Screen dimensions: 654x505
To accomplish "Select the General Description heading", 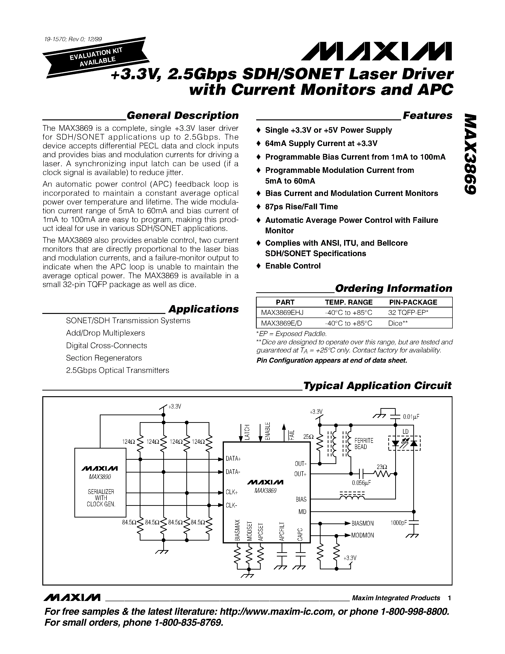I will pyautogui.click(x=183, y=116).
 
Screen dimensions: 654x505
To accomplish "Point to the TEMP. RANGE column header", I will pyautogui.click(x=349, y=302).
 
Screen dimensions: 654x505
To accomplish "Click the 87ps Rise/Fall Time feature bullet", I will pyautogui.click(x=301, y=207).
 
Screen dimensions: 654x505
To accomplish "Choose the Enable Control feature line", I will pyautogui.click(x=293, y=266).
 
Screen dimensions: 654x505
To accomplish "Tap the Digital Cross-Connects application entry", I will pyautogui.click(x=106, y=346).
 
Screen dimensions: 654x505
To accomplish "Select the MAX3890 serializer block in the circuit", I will pyautogui.click(x=100, y=483).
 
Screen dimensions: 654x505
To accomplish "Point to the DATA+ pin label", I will pyautogui.click(x=233, y=459).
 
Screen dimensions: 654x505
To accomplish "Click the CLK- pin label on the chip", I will pyautogui.click(x=231, y=505).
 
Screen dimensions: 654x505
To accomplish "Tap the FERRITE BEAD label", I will pyautogui.click(x=364, y=444).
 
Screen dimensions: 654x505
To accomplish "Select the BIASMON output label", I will pyautogui.click(x=362, y=523).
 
